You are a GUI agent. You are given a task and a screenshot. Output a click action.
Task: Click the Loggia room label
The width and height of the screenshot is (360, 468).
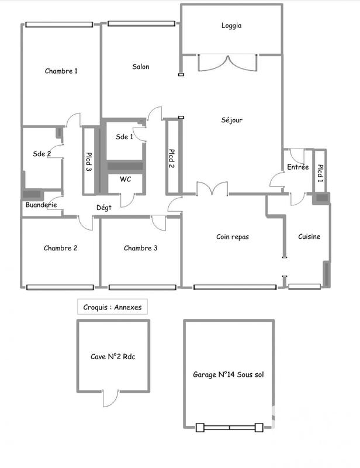tap(231, 26)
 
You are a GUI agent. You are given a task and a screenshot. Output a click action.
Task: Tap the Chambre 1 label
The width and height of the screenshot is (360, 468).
tap(61, 71)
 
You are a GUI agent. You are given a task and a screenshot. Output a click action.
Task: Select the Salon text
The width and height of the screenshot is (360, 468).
tap(140, 67)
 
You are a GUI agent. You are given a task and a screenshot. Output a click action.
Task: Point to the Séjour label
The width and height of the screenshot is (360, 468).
tap(232, 121)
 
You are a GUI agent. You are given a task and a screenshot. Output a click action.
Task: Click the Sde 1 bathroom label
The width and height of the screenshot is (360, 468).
tap(124, 137)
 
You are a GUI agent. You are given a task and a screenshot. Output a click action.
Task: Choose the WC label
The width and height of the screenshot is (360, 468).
tap(126, 179)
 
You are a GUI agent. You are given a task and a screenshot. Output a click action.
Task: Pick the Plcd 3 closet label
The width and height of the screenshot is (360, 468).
tap(89, 161)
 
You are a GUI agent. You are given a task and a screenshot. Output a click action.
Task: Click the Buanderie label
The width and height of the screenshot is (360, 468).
tap(41, 205)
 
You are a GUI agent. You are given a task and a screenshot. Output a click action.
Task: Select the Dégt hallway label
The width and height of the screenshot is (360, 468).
tap(104, 207)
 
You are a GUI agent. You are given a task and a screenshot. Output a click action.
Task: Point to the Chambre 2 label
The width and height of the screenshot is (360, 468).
tap(60, 248)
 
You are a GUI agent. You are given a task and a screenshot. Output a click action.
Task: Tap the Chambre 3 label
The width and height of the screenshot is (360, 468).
tap(140, 248)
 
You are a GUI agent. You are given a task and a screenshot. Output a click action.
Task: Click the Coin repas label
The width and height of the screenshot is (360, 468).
tap(233, 237)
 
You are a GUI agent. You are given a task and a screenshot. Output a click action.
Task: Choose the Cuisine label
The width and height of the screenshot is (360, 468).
tap(309, 237)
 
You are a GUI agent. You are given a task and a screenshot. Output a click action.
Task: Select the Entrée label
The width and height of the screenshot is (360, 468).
tap(298, 167)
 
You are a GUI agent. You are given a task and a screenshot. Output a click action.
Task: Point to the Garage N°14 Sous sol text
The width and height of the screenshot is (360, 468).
tap(229, 375)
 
